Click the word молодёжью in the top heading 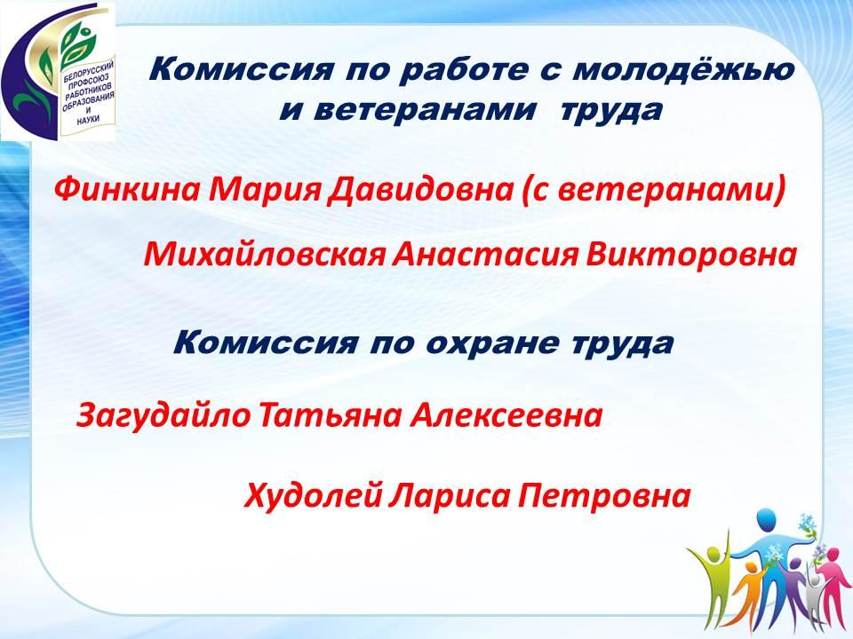tap(683, 71)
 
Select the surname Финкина tap(127, 190)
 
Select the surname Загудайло tap(163, 415)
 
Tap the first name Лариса tap(450, 496)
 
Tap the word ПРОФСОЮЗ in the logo tap(89, 80)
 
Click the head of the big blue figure tap(765, 520)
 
